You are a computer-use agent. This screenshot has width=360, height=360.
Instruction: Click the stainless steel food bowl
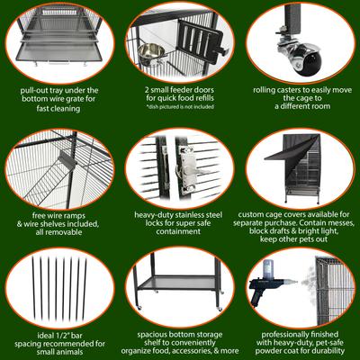click(x=150, y=51)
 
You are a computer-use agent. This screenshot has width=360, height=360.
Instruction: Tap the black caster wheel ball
click(x=310, y=62)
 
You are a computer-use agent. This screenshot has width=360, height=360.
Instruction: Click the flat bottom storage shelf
click(x=177, y=283)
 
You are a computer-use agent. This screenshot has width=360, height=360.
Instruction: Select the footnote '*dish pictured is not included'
click(x=180, y=106)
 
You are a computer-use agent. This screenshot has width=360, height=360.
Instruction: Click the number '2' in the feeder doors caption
click(x=147, y=90)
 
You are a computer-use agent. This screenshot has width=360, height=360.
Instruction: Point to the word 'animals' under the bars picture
click(x=70, y=352)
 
